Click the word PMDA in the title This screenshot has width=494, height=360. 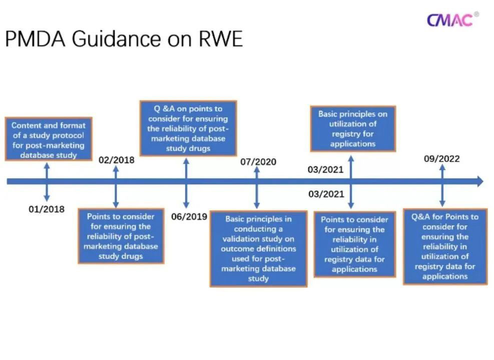pyautogui.click(x=35, y=38)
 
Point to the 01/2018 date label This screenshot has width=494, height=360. pyautogui.click(x=47, y=209)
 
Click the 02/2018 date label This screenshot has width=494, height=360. pyautogui.click(x=117, y=160)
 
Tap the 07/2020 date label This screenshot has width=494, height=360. pyautogui.click(x=258, y=162)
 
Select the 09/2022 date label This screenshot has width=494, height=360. pyautogui.click(x=441, y=159)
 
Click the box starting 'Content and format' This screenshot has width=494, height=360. pyautogui.click(x=49, y=139)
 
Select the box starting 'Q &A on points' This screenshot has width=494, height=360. pyautogui.click(x=188, y=128)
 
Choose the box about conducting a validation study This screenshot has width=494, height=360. pyautogui.click(x=258, y=248)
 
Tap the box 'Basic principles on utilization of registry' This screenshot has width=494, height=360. pyautogui.click(x=353, y=128)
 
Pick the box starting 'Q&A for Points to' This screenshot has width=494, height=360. pyautogui.click(x=445, y=246)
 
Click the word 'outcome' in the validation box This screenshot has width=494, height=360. pyautogui.click(x=238, y=248)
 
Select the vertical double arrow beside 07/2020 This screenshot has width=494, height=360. pyautogui.click(x=257, y=187)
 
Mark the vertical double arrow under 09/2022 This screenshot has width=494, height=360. pyautogui.click(x=442, y=185)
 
